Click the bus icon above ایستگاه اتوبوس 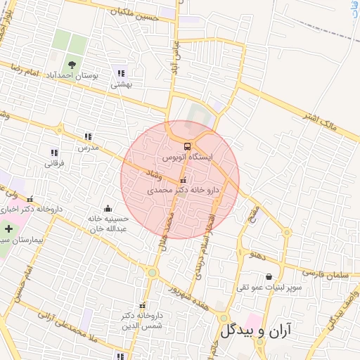186,146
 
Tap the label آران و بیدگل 259,330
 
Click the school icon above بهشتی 122,73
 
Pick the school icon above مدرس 88,137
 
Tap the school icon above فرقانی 54,153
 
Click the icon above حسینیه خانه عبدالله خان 108,208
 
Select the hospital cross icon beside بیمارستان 8,229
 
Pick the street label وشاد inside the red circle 152,172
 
